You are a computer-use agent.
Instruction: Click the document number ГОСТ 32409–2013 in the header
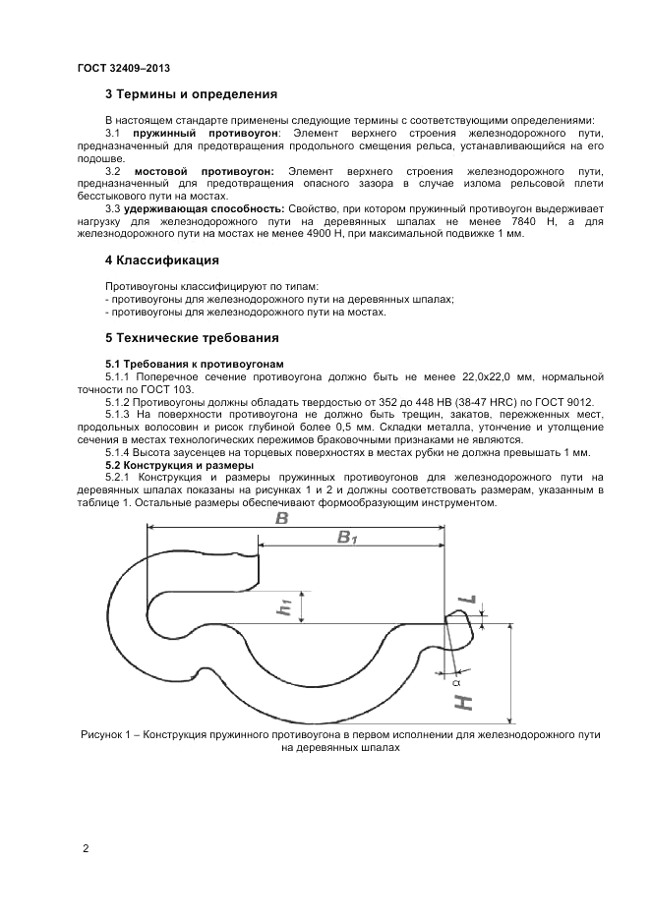pos(123,69)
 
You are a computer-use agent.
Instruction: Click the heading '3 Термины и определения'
pos(191,95)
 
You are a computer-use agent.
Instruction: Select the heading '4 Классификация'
pos(162,260)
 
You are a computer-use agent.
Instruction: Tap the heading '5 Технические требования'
pos(192,338)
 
